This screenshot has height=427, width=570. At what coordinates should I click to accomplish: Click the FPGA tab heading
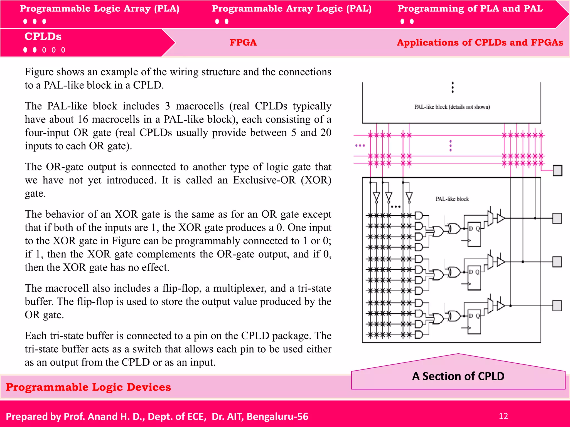pyautogui.click(x=243, y=43)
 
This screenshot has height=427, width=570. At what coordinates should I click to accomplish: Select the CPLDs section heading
pyautogui.click(x=43, y=37)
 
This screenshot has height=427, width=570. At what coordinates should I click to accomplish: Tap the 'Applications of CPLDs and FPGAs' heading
pyautogui.click(x=480, y=43)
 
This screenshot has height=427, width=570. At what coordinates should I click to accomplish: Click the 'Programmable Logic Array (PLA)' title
pyautogui.click(x=99, y=9)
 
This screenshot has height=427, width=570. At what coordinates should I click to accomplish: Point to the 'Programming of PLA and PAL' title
pyautogui.click(x=470, y=9)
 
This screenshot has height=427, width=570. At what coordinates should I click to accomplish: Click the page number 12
pyautogui.click(x=503, y=416)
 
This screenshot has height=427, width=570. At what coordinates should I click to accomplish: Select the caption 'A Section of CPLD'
pyautogui.click(x=458, y=376)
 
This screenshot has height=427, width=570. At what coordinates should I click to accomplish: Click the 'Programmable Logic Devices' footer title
pyautogui.click(x=88, y=387)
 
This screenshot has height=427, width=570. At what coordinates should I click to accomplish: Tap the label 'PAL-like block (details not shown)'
pyautogui.click(x=452, y=107)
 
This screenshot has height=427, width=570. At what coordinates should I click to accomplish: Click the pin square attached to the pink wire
pyautogui.click(x=557, y=170)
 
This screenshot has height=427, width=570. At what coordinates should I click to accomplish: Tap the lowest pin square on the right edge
pyautogui.click(x=557, y=306)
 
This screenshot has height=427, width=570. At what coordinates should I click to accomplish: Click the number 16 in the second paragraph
pyautogui.click(x=83, y=120)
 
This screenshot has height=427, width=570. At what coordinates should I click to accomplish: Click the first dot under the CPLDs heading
pyautogui.click(x=25, y=50)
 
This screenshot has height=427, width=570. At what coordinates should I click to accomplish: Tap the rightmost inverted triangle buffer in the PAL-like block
pyautogui.click(x=409, y=197)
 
